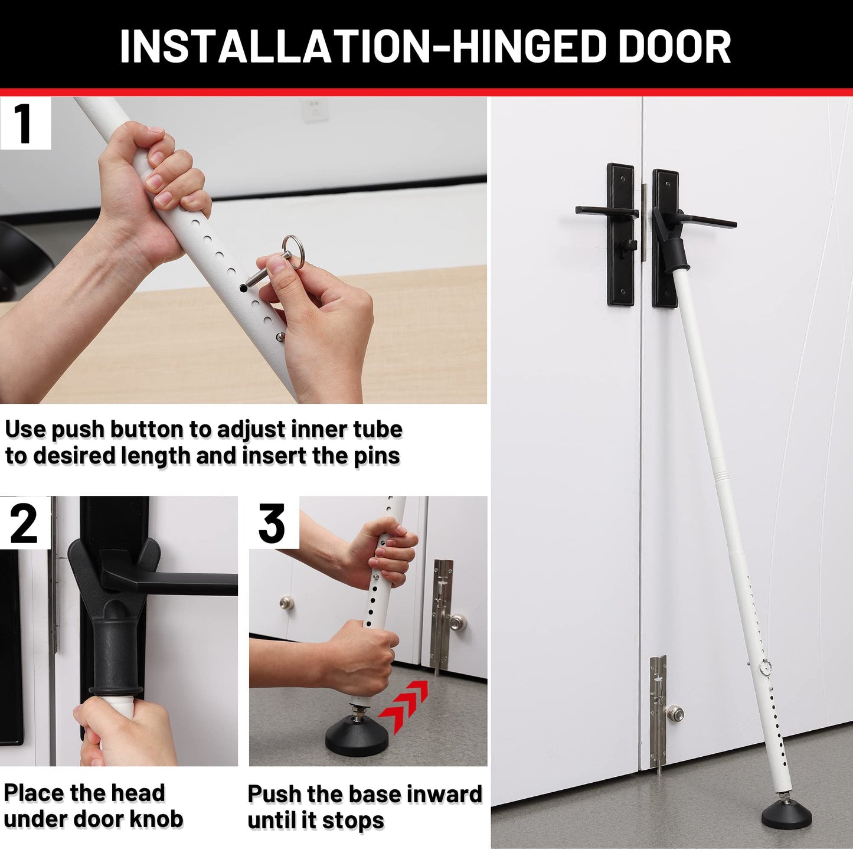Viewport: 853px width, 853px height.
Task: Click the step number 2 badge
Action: (24, 524)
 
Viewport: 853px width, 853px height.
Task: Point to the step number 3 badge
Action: (273, 524)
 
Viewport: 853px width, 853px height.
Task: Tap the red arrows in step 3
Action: (403, 705)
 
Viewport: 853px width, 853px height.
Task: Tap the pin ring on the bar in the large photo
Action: (766, 666)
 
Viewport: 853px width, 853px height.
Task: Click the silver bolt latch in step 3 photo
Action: (443, 614)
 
